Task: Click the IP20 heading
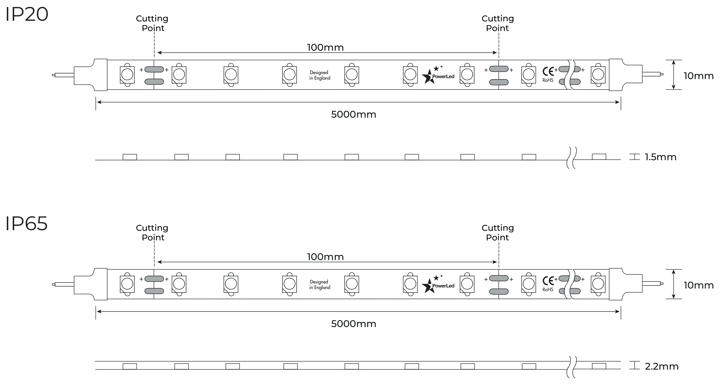[x=27, y=15]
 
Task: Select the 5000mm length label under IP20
[x=353, y=114]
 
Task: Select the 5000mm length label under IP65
[x=353, y=324]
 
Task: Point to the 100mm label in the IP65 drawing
[x=325, y=257]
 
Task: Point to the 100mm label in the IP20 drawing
[x=325, y=47]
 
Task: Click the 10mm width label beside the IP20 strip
[x=699, y=76]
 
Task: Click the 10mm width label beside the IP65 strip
[x=699, y=285]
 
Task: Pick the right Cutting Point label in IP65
[x=498, y=233]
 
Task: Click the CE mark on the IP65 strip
[x=548, y=281]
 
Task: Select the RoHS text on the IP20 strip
[x=548, y=80]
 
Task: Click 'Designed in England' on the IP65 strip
[x=320, y=285]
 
